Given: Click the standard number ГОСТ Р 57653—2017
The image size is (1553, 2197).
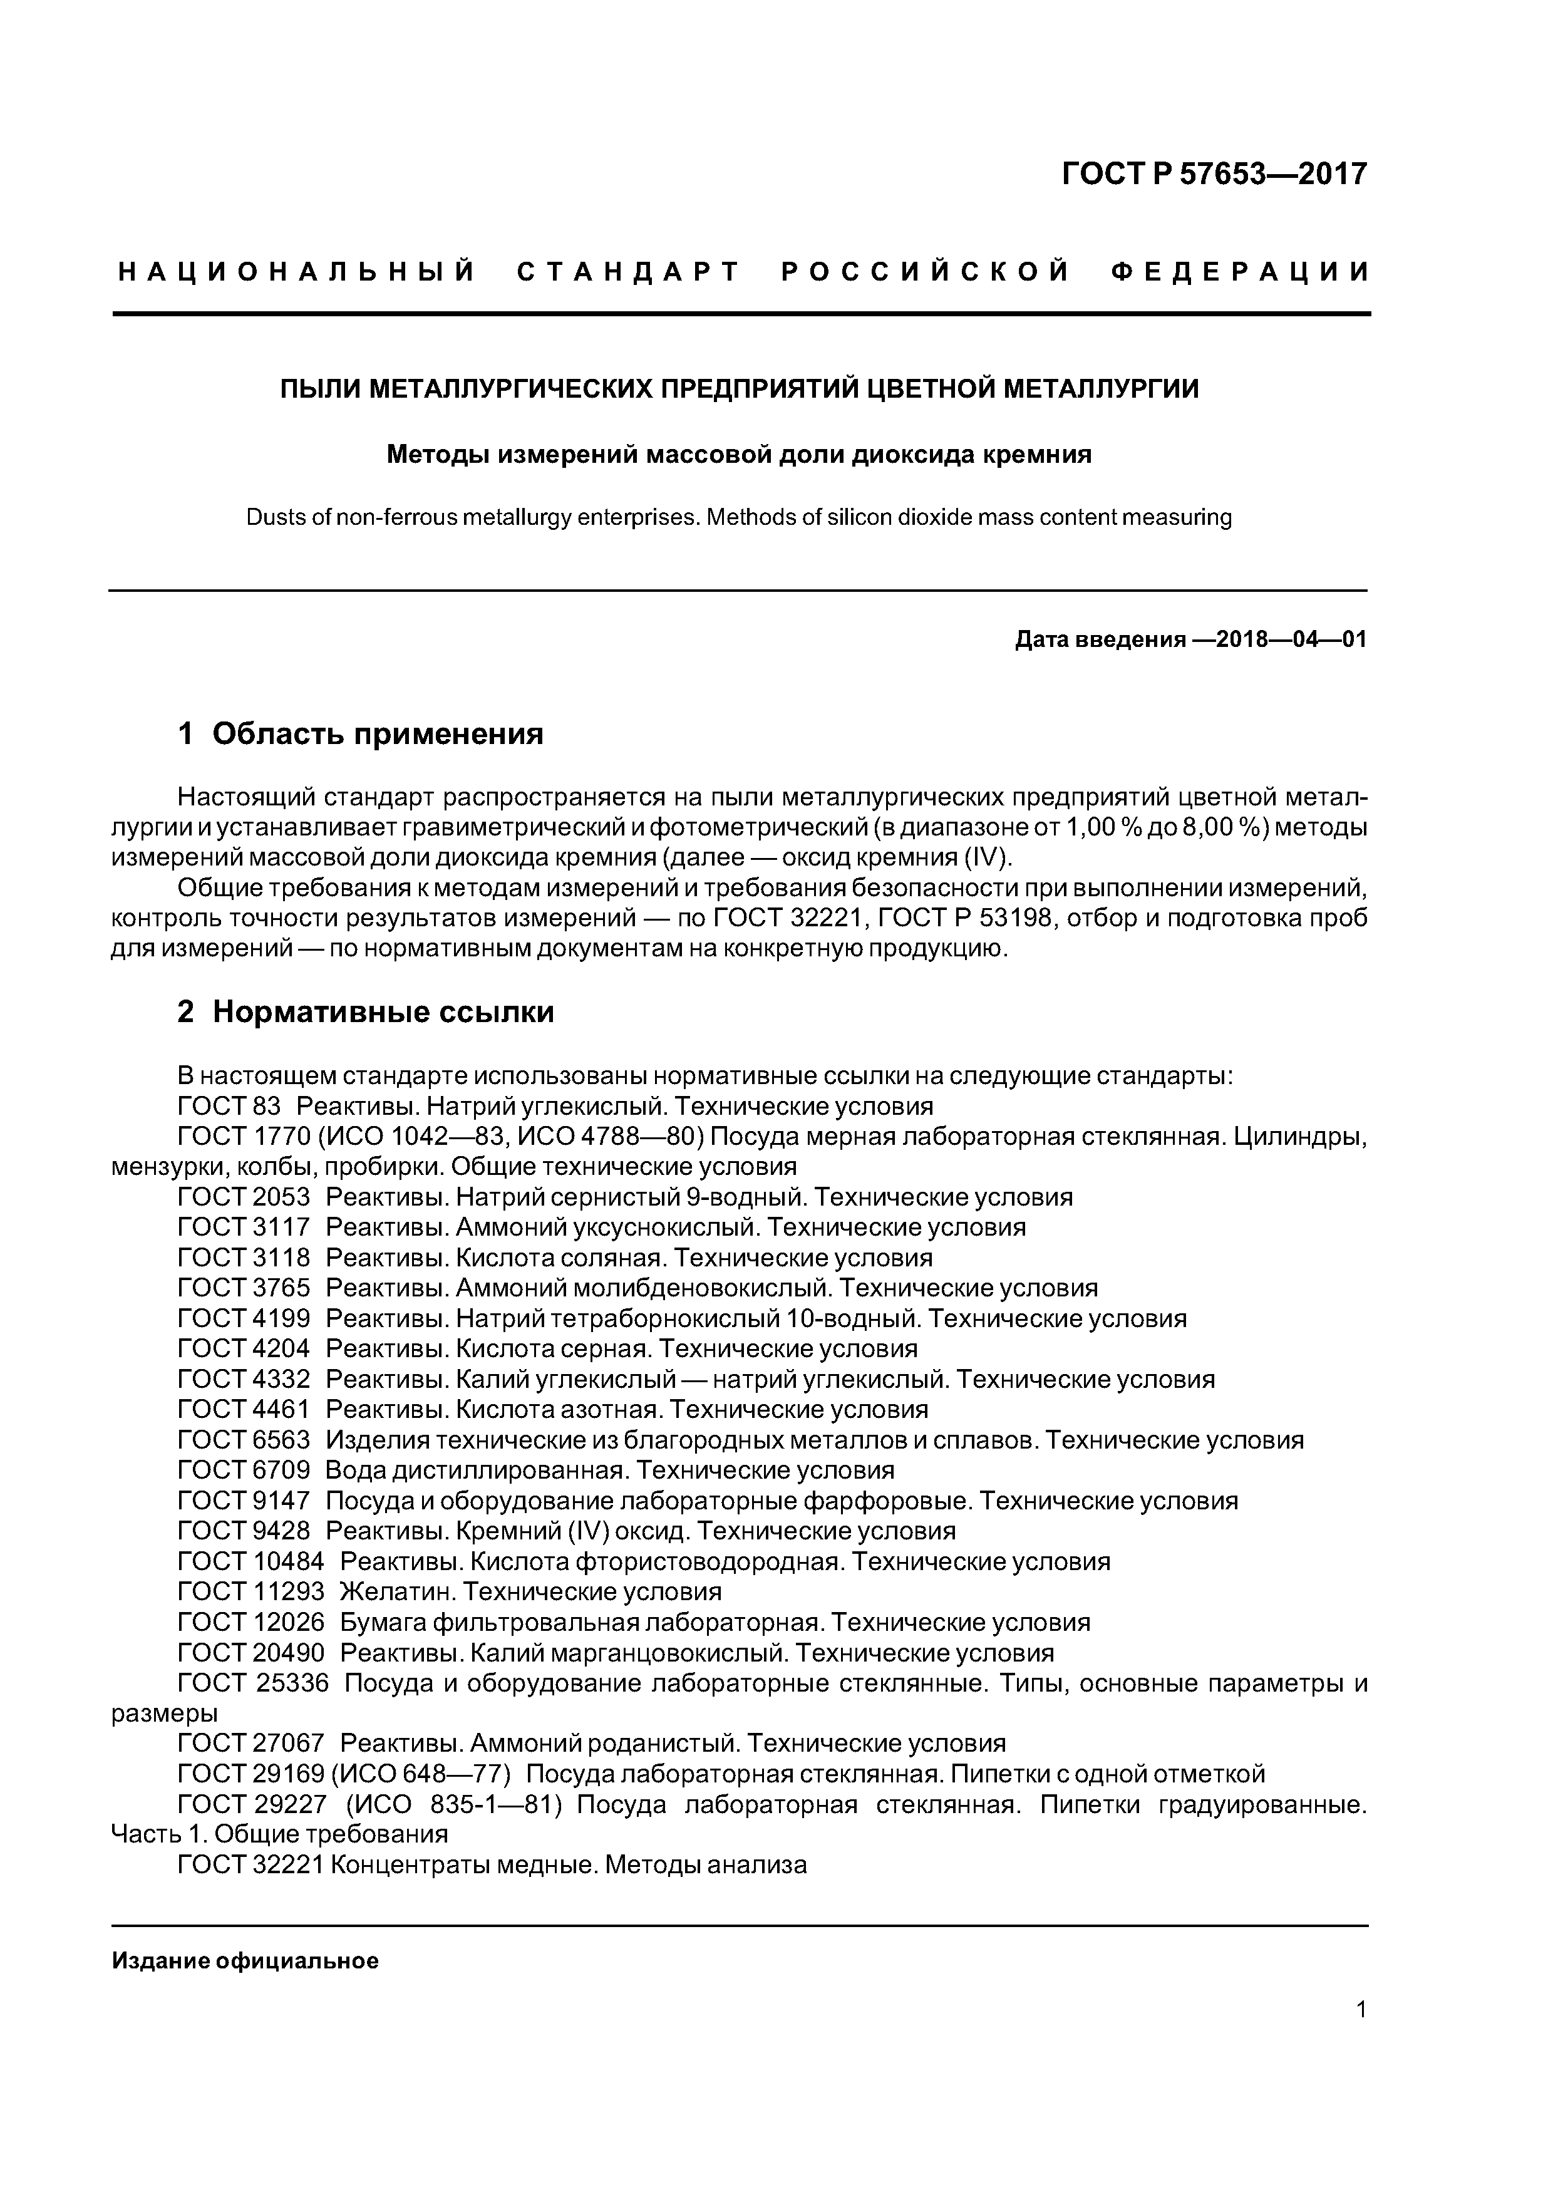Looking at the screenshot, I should click(x=1214, y=174).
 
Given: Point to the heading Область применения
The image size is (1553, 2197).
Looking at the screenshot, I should click(x=377, y=734).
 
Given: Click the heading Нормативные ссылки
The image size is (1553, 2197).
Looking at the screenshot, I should click(x=383, y=1012).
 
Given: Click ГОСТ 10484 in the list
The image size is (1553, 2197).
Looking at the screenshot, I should click(x=250, y=1561).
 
